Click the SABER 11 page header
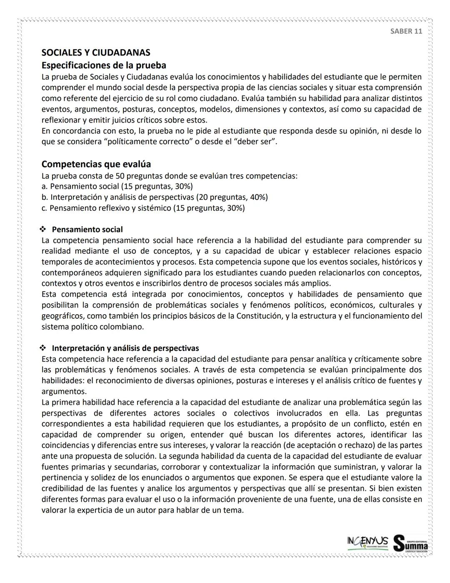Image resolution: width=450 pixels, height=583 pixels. (406, 32)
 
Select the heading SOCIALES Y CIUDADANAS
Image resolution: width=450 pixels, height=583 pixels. (96, 53)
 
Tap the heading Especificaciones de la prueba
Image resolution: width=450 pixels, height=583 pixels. (104, 65)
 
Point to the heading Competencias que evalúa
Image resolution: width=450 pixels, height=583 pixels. (96, 164)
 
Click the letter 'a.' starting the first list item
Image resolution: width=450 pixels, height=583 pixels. (44, 186)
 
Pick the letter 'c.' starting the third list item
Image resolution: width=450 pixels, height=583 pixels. (44, 208)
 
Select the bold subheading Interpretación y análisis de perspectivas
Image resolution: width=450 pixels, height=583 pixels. (125, 348)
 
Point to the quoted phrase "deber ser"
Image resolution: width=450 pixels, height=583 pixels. (255, 141)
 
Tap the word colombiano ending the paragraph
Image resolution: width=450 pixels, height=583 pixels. (121, 327)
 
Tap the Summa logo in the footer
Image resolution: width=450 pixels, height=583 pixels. (411, 543)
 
